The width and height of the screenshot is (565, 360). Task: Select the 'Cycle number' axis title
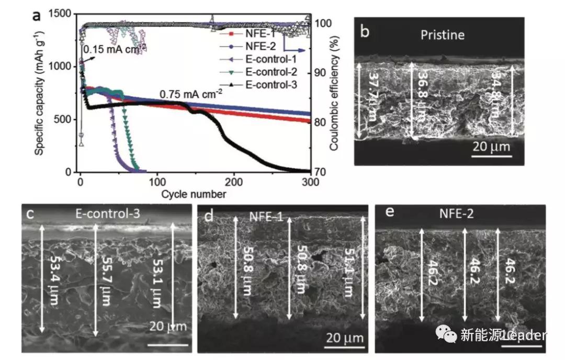194,194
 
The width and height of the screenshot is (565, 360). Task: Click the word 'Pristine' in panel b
443,36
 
